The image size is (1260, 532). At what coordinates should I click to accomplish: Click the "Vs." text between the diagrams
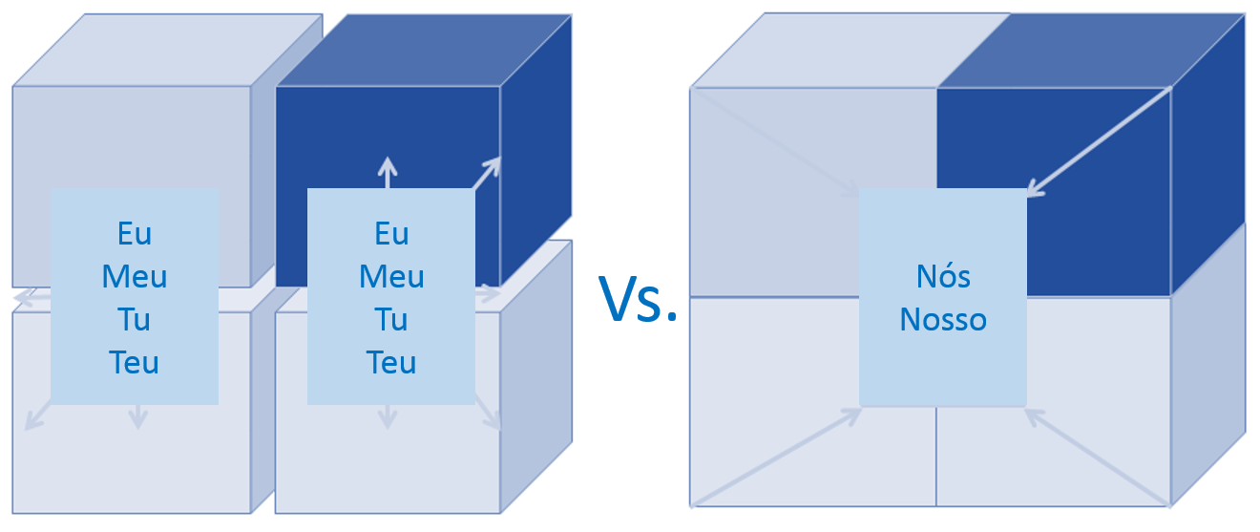[637, 299]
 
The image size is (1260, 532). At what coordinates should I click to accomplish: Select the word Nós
[943, 276]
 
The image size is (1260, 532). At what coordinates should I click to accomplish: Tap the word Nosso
[943, 319]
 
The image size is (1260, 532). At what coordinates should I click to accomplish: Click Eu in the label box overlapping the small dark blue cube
[391, 233]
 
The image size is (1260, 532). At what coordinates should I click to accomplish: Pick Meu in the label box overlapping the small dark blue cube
[391, 277]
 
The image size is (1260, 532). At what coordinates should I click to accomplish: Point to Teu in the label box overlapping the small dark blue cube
[391, 363]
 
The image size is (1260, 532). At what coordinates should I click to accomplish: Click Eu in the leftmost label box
[135, 233]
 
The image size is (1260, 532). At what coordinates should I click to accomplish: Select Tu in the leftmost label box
[135, 320]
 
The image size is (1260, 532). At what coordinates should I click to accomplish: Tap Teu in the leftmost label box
[135, 363]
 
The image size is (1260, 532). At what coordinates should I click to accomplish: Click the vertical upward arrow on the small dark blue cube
[387, 172]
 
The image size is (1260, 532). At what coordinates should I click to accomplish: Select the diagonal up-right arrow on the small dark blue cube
[487, 173]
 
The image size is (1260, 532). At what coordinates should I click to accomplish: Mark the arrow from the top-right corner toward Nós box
[1098, 141]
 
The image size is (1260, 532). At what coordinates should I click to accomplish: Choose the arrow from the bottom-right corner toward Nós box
[1098, 457]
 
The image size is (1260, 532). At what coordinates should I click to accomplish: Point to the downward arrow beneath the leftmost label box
[138, 415]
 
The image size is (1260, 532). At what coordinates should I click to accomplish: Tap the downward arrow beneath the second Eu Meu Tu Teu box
[387, 415]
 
